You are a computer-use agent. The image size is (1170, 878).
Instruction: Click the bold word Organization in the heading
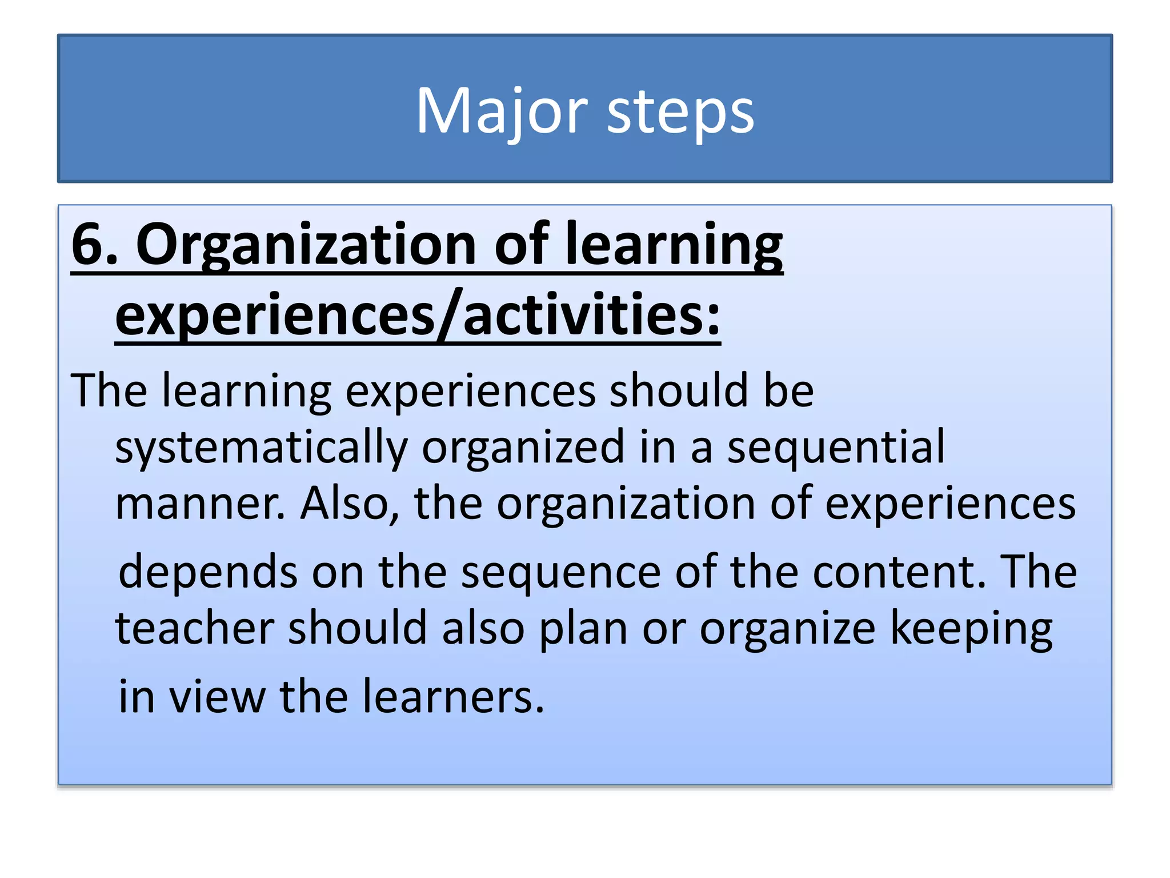[306, 246]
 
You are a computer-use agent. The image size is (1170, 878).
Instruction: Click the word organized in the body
[522, 448]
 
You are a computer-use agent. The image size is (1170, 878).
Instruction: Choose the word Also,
[350, 504]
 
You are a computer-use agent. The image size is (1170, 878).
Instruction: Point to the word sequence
[560, 573]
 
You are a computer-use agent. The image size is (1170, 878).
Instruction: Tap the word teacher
[195, 628]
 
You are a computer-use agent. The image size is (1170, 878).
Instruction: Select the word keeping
[971, 629]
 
